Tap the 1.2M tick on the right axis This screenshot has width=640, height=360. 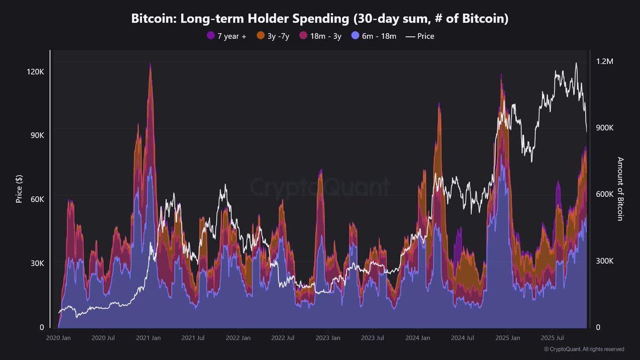605,62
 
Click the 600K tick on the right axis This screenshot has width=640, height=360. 605,195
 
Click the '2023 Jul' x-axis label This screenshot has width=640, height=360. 372,338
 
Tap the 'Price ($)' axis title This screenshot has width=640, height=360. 19,189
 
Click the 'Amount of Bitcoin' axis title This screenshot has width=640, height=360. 620,189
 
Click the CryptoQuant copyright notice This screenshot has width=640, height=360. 583,349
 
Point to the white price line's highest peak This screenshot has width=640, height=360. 576,63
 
